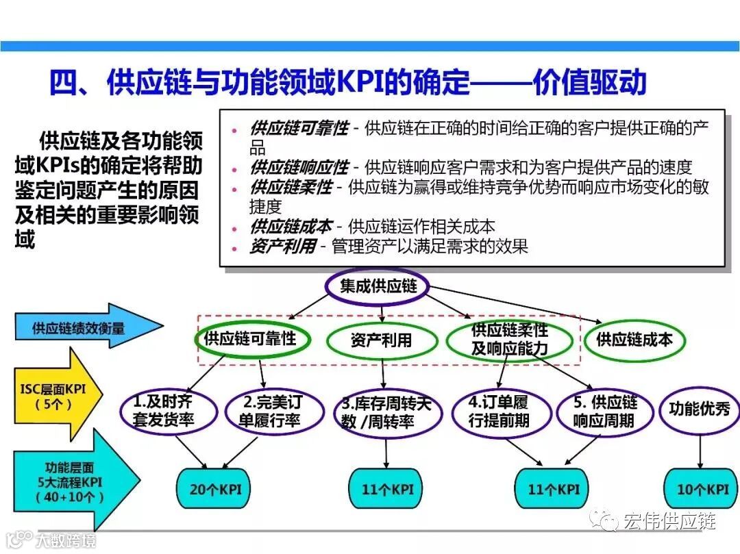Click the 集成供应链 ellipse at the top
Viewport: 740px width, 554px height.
point(378,286)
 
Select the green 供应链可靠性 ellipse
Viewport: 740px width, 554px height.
point(250,338)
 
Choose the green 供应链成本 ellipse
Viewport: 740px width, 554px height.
point(634,339)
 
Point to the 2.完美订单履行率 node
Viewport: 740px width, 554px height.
point(273,411)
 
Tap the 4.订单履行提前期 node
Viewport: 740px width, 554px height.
point(498,411)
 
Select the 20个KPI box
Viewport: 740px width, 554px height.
point(210,489)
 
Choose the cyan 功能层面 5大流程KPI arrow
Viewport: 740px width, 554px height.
point(65,483)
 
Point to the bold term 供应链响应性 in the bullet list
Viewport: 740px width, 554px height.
point(299,166)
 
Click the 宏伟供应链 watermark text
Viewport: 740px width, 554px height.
point(669,521)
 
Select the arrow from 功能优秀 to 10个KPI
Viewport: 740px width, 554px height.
point(700,451)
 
